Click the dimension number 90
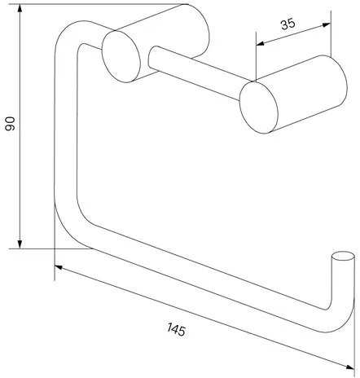[x=10, y=124]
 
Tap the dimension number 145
[x=177, y=329]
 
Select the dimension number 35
[x=288, y=24]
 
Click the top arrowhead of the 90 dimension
[x=20, y=9]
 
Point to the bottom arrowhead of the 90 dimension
[x=20, y=244]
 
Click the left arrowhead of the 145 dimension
[x=59, y=267]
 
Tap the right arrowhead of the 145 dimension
[x=350, y=367]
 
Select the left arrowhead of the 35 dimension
[x=260, y=43]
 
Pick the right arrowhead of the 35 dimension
[x=327, y=24]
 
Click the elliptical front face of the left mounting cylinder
[x=121, y=56]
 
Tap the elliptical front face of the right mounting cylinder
[x=259, y=108]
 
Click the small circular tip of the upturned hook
[x=343, y=256]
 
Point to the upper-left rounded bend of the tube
[x=68, y=34]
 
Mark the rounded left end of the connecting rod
[x=151, y=56]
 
